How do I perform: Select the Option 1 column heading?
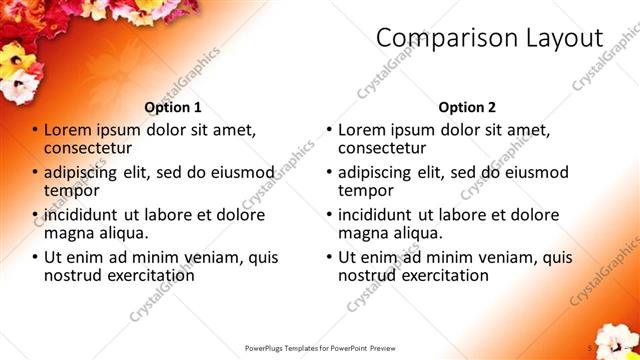click(x=173, y=107)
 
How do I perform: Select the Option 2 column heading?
click(x=467, y=107)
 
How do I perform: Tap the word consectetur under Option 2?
click(x=382, y=148)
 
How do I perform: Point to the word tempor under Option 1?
click(x=70, y=190)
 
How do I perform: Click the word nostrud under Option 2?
click(x=369, y=275)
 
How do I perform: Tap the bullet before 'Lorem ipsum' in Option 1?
click(x=35, y=130)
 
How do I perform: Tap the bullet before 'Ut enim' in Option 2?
click(x=329, y=257)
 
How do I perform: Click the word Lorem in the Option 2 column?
click(x=362, y=130)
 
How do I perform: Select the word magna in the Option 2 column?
click(x=362, y=233)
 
